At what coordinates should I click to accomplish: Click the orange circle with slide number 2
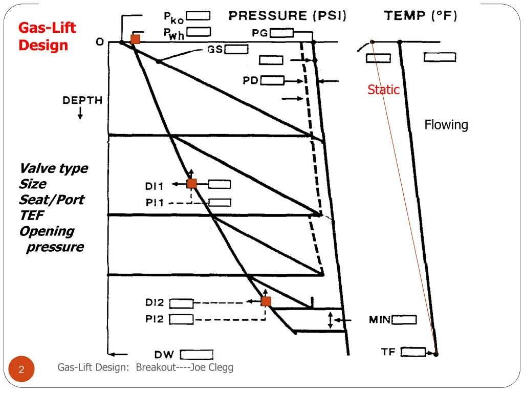coord(21,369)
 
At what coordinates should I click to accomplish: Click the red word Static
coord(383,90)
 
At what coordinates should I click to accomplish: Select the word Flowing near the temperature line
coord(446,125)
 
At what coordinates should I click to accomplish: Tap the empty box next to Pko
coord(198,16)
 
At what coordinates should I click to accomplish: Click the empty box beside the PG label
coord(282,33)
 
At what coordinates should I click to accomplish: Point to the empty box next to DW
coord(196,355)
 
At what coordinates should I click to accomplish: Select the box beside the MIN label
coord(404,320)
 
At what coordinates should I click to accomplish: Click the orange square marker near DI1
coord(192,184)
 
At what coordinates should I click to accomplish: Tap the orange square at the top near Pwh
coord(135,39)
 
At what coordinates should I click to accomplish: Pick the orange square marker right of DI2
coord(266,301)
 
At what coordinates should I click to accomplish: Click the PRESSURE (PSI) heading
coord(288,16)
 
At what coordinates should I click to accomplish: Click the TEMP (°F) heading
coord(421,16)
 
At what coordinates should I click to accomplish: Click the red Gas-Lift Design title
coord(47,36)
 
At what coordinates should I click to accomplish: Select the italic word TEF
coord(31,215)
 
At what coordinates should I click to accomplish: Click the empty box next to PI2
coord(181,319)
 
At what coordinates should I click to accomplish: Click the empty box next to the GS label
coord(236,49)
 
